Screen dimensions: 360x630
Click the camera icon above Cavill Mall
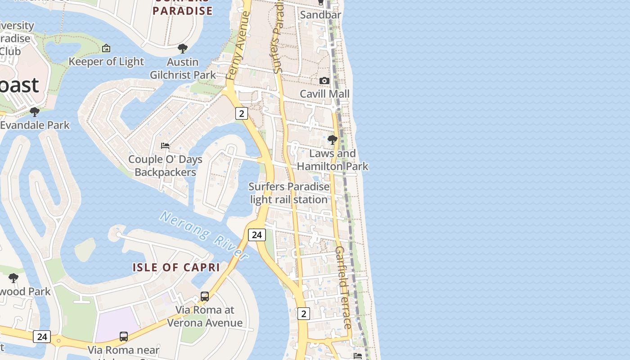(x=324, y=81)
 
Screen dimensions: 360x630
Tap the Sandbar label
(x=320, y=15)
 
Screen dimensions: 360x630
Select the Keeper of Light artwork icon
(x=106, y=48)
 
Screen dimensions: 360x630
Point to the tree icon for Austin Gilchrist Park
(x=183, y=49)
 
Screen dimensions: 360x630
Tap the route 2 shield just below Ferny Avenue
(x=242, y=113)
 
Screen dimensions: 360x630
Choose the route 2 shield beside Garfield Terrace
(x=304, y=314)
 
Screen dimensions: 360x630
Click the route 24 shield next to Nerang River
(x=256, y=234)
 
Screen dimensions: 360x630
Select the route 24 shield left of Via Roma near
(x=42, y=337)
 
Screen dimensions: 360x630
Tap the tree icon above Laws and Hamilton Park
(x=333, y=140)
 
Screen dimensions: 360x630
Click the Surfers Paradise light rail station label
(x=289, y=193)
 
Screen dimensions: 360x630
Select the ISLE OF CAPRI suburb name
(x=176, y=267)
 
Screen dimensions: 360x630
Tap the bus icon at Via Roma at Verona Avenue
(x=205, y=297)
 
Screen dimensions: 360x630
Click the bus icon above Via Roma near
(x=124, y=337)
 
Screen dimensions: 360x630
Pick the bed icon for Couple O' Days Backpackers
(x=165, y=146)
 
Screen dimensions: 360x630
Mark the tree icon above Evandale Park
(x=35, y=112)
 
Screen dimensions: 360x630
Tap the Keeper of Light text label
(x=106, y=62)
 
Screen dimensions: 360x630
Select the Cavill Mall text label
(x=324, y=94)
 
